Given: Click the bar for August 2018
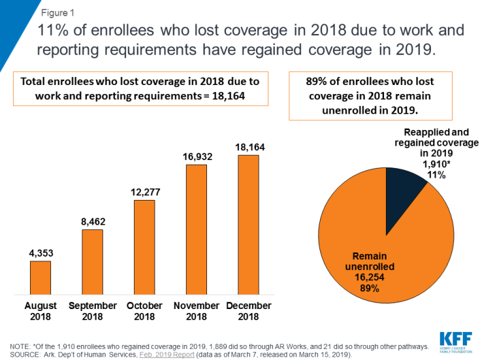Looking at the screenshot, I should point(40,277).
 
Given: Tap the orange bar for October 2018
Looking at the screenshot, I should point(144,246).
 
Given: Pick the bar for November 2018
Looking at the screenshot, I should point(197,229).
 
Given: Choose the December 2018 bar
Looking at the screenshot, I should point(248,224).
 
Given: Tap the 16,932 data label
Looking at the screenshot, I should point(197,157).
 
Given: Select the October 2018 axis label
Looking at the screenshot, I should point(144,311).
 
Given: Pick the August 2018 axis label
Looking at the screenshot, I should point(40,311).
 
